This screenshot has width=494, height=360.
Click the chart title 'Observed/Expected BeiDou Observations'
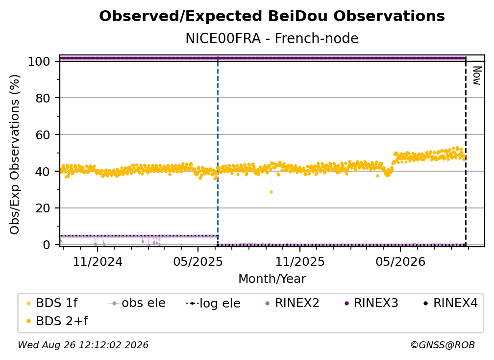point(272,16)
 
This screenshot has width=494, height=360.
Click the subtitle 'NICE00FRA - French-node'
point(272,39)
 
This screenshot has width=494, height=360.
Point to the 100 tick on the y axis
point(39,61)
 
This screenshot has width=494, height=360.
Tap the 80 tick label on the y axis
point(43,98)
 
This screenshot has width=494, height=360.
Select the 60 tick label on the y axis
point(43,135)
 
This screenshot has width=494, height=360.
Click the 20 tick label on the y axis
point(43,208)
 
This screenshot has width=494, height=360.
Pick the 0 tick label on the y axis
point(47,245)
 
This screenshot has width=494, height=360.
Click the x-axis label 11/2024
point(98,261)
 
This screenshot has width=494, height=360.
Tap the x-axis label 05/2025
point(198,261)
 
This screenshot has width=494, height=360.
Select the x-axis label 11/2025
point(300,261)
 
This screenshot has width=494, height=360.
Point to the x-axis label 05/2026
point(400,261)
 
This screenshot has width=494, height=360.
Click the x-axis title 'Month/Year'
point(272,279)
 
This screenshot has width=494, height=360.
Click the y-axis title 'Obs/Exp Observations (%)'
point(15,154)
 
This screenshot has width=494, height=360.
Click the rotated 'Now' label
point(477,76)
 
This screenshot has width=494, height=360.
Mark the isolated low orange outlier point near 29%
point(272,192)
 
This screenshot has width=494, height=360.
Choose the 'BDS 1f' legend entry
point(52,303)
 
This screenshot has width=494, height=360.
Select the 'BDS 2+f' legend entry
point(57,321)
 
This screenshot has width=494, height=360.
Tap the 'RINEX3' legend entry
point(372,303)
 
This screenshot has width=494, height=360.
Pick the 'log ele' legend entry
point(214,303)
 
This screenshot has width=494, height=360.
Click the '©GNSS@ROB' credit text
point(443,345)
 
